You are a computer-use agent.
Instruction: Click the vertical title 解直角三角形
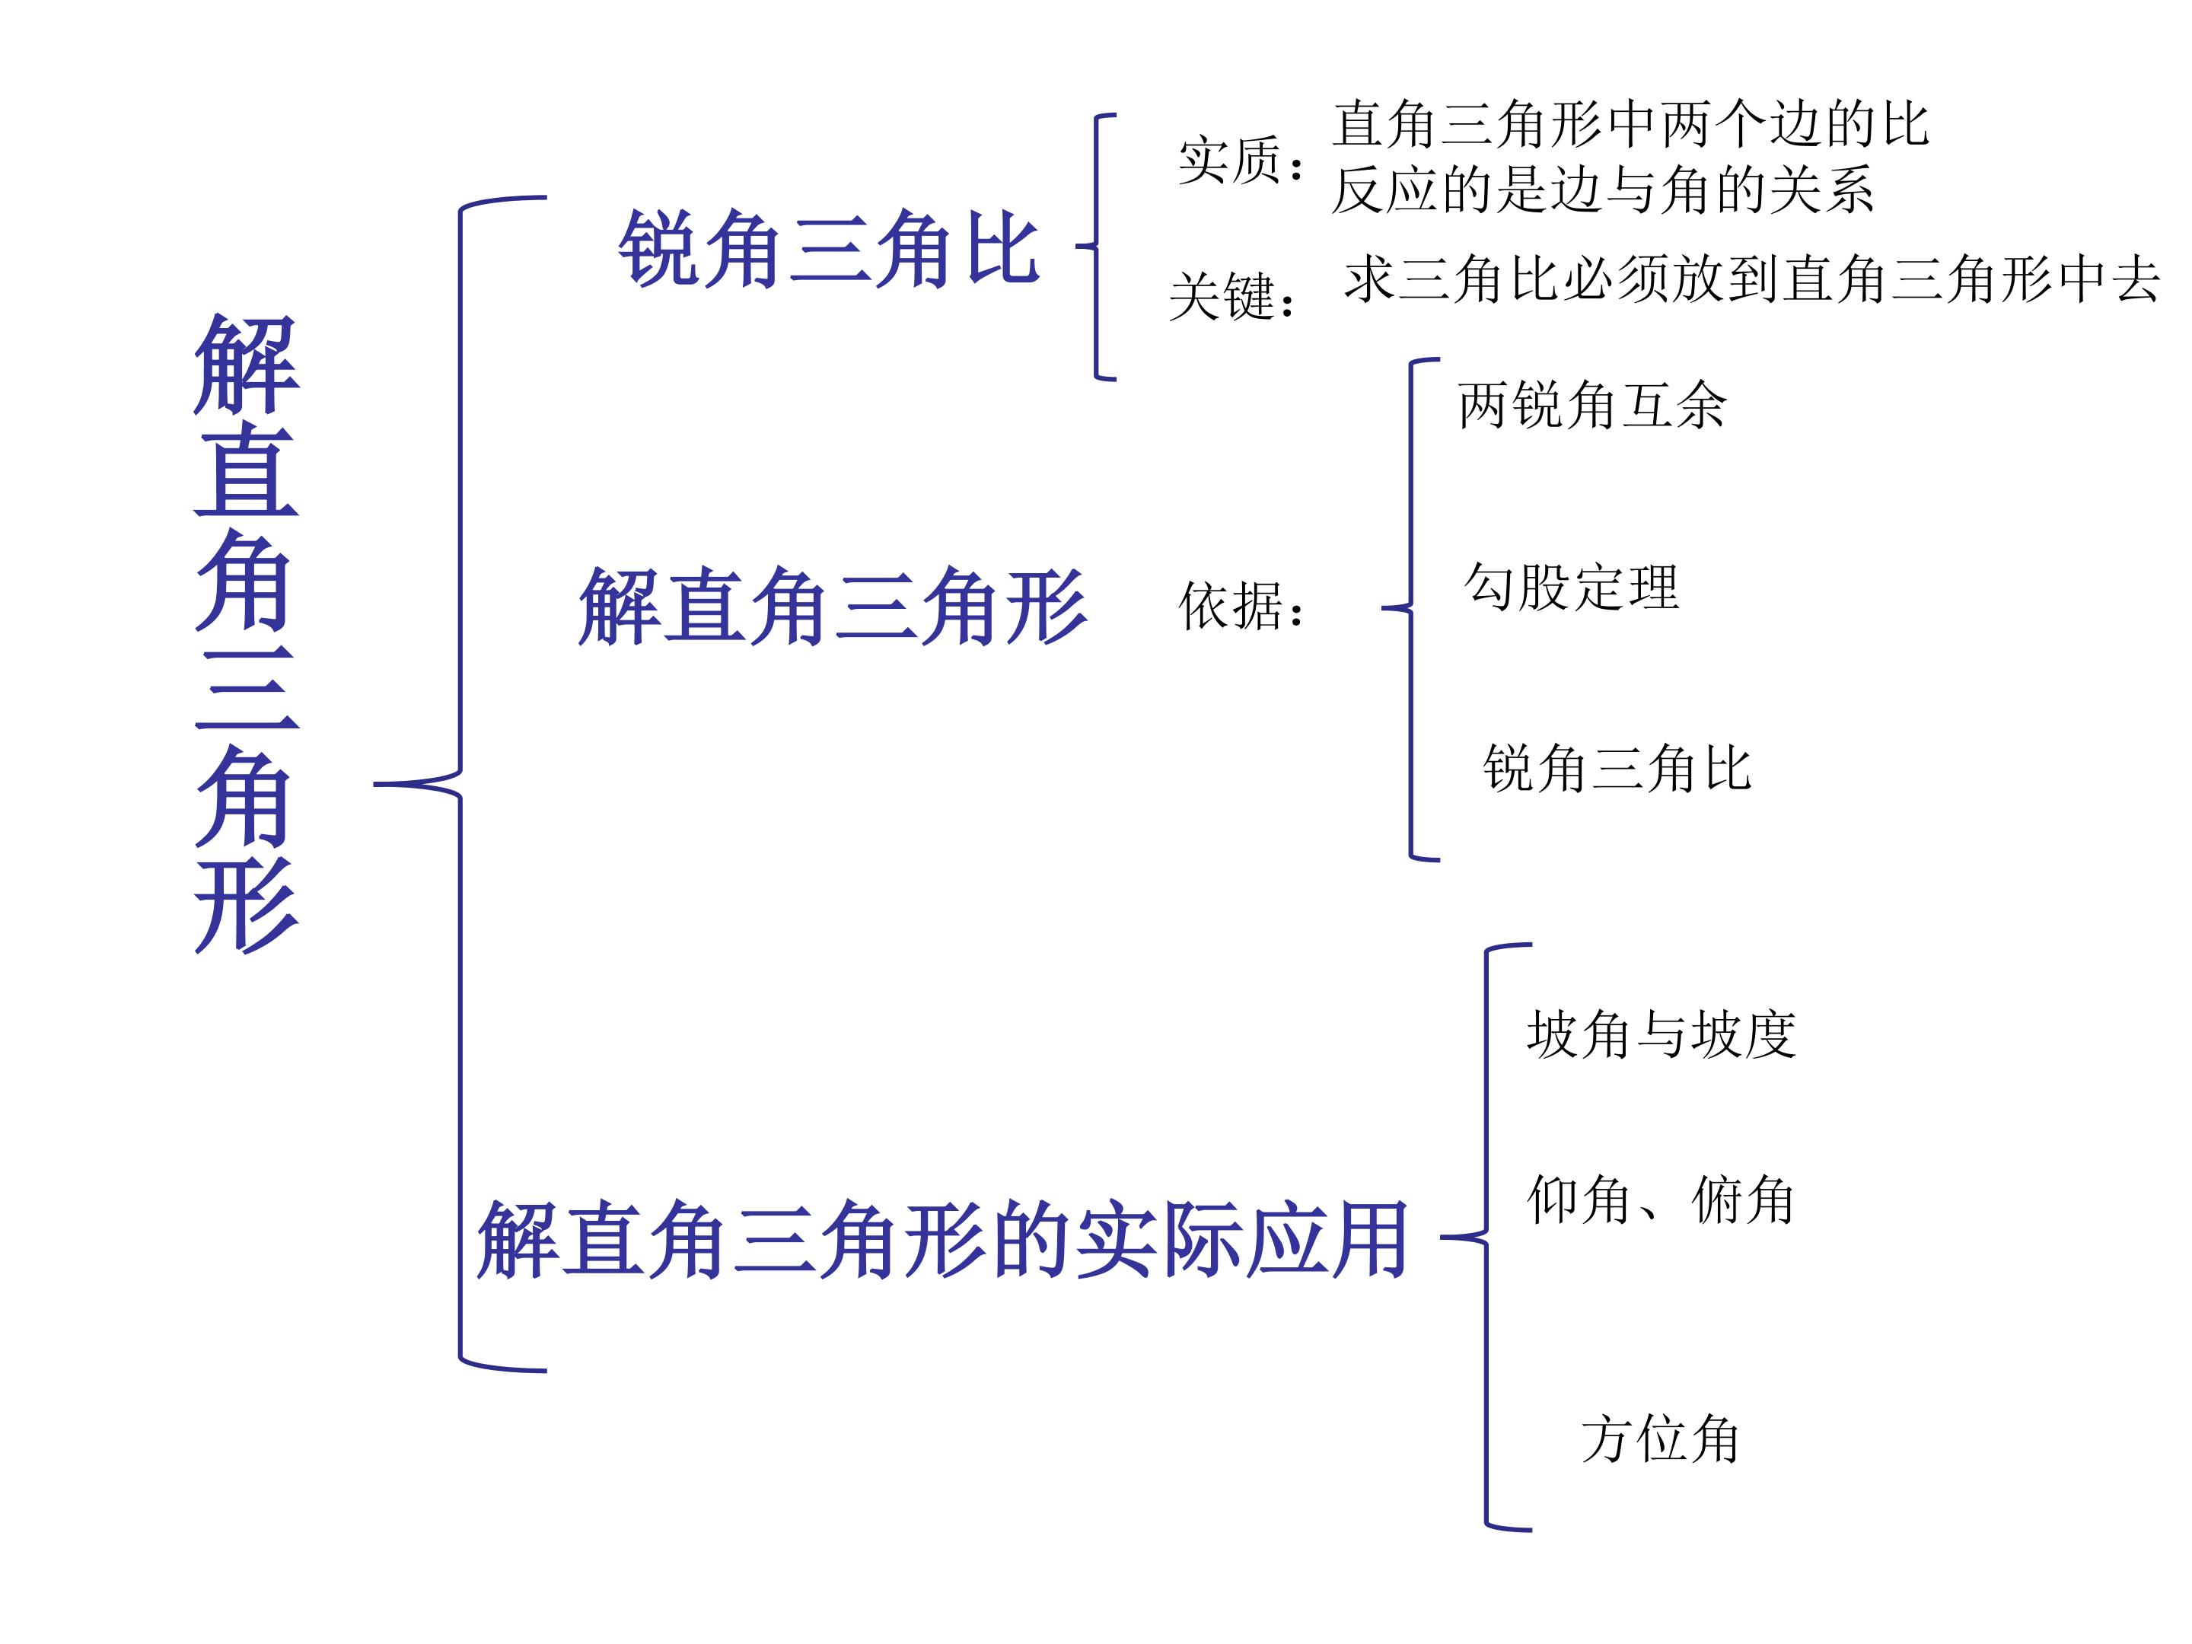click(x=246, y=633)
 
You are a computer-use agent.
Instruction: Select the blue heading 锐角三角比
click(x=828, y=247)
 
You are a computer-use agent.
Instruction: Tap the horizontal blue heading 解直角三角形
click(x=833, y=607)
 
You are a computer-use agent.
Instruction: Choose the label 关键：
click(x=1235, y=295)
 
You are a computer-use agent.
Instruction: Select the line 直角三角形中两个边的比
click(x=1631, y=125)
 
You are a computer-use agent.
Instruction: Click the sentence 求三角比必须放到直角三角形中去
click(x=1752, y=279)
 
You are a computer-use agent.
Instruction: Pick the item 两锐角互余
click(x=1591, y=406)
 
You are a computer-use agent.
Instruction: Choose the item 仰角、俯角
click(x=1661, y=1200)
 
